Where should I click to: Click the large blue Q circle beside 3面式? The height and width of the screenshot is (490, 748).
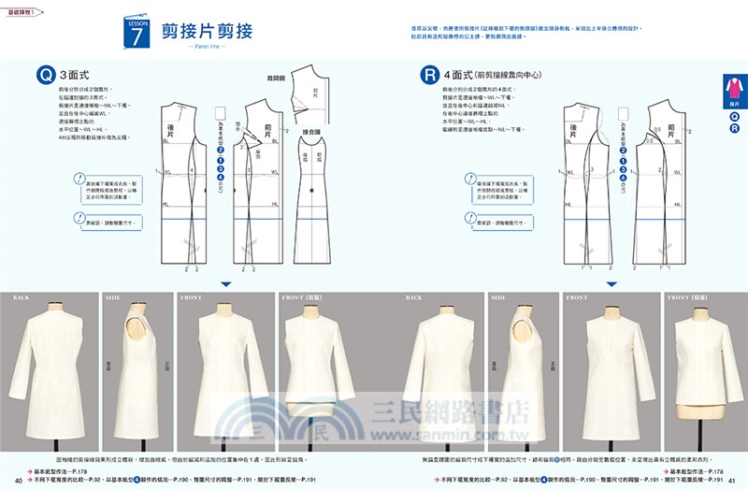44,73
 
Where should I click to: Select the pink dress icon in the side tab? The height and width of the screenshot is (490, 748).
734,92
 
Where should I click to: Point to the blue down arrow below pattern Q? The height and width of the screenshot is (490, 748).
225,283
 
